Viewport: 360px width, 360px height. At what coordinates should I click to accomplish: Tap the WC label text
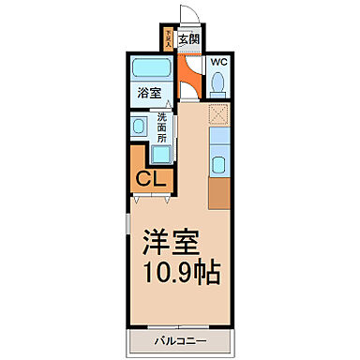click(x=218, y=63)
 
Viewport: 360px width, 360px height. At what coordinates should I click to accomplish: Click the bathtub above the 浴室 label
click(x=151, y=69)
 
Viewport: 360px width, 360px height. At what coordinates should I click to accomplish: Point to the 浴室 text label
click(x=150, y=93)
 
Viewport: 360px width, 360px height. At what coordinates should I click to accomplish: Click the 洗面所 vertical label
click(x=161, y=127)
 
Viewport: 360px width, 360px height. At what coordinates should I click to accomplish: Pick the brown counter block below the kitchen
click(x=219, y=192)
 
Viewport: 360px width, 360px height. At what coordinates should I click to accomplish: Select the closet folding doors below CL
click(x=151, y=198)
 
